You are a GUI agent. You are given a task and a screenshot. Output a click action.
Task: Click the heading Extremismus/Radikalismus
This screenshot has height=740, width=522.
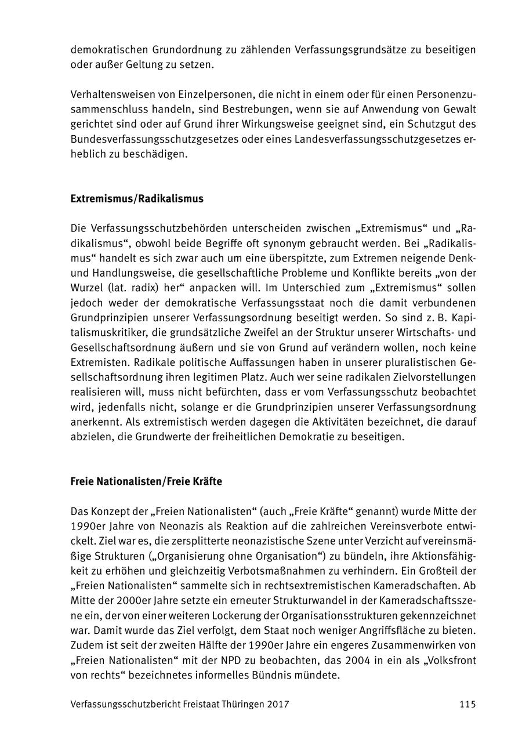[x=137, y=199]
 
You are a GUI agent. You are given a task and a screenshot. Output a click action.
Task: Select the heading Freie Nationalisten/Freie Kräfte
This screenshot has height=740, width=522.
[x=146, y=482]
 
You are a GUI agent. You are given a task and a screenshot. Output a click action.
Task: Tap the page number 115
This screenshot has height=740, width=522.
[x=467, y=704]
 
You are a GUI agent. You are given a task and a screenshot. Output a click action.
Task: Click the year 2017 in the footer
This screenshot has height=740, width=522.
[x=278, y=704]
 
